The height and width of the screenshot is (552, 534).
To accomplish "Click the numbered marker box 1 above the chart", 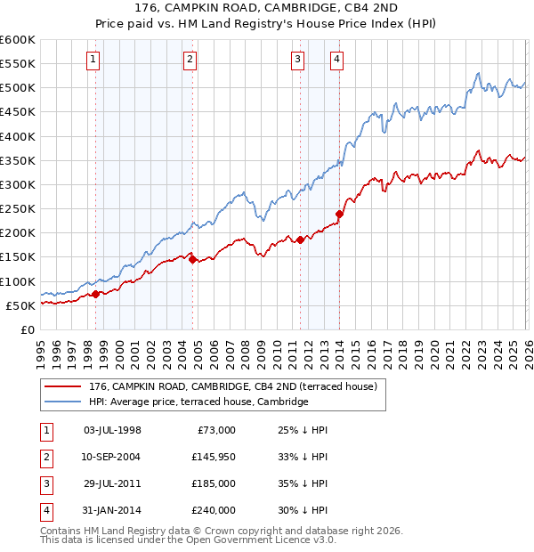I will tap(94, 60).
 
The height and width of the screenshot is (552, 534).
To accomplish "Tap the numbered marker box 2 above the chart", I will tap(190, 60).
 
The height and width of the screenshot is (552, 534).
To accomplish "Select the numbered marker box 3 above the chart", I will tap(297, 60).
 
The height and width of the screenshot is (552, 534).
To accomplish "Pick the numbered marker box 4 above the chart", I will tap(337, 60).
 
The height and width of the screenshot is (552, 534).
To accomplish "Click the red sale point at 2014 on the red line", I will tap(339, 214).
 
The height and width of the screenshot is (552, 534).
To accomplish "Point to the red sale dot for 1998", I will tap(95, 294).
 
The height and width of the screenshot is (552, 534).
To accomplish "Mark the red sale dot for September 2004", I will tap(192, 259).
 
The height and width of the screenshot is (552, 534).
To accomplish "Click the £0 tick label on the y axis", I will tap(27, 329).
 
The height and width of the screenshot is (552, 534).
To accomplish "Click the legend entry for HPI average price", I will tap(198, 402).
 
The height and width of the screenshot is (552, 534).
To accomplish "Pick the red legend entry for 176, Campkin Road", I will tap(233, 386).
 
